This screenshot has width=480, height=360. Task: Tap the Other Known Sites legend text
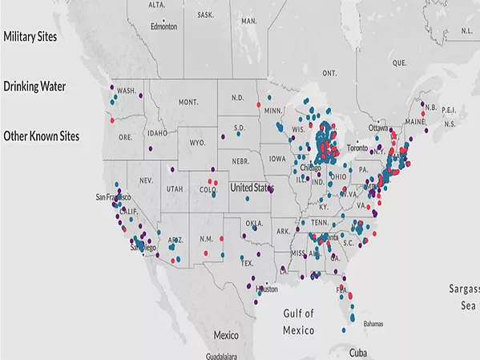tap(42, 136)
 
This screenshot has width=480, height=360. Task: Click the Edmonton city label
tap(163, 25)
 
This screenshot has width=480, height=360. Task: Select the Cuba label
tap(359, 352)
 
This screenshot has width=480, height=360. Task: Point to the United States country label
tap(252, 188)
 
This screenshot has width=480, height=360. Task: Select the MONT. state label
tap(188, 103)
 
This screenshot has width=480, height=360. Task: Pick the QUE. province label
tap(400, 62)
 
